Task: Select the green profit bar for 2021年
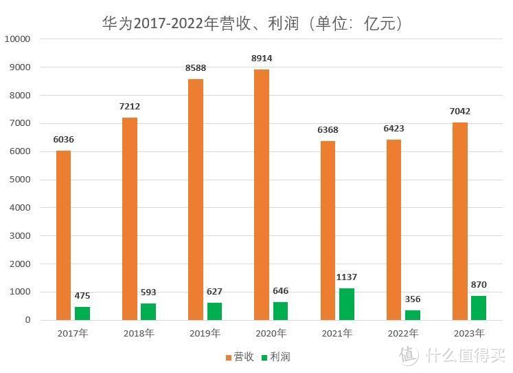346,304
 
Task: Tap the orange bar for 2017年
63,235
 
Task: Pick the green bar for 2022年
413,315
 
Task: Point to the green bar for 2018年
148,312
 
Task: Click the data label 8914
262,58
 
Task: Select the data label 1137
347,277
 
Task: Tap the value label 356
413,299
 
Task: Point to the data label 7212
129,107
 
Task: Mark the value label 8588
196,68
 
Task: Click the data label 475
82,296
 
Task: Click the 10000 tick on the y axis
17,39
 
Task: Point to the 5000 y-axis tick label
20,180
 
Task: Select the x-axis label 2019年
205,334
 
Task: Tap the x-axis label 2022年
403,334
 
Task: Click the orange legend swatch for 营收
229,356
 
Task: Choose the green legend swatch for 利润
264,356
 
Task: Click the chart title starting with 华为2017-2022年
251,23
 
